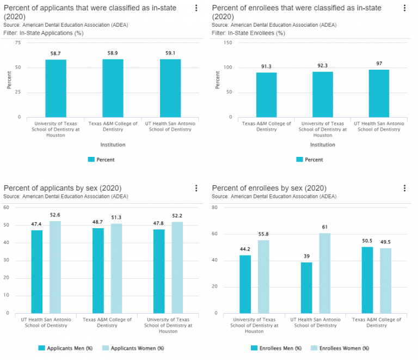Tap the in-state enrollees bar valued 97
click(x=379, y=93)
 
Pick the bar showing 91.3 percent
click(x=266, y=95)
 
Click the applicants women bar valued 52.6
click(x=55, y=267)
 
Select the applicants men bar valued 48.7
click(x=98, y=270)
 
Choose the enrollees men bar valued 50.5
click(x=367, y=280)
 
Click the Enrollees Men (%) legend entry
click(x=276, y=348)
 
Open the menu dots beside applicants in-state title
click(x=196, y=8)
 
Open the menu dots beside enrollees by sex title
click(x=404, y=188)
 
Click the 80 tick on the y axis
click(x=214, y=208)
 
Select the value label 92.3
click(x=323, y=66)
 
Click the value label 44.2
click(x=245, y=249)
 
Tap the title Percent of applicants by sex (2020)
click(x=62, y=188)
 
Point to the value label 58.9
click(x=113, y=54)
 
